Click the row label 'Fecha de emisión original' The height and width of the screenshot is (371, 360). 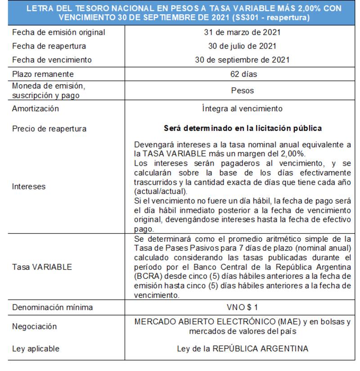tap(58, 32)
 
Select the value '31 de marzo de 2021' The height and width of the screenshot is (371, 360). tap(242, 32)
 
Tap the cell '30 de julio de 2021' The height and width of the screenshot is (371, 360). tap(242, 46)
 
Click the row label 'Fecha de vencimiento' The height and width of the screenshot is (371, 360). tap(52, 60)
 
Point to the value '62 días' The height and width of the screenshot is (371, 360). tap(242, 74)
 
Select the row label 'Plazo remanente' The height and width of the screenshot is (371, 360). tap(43, 74)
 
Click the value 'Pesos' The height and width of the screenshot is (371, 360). tap(242, 90)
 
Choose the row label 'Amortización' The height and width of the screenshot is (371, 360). tap(36, 109)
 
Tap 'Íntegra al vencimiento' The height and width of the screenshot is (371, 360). tap(242, 109)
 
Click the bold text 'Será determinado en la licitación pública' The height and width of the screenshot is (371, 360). tap(242, 128)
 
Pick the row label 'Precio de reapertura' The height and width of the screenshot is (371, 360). tap(49, 129)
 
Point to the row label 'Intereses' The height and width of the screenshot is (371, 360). tap(29, 186)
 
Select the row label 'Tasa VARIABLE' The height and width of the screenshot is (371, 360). tap(42, 267)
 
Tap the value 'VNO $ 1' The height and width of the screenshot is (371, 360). tap(242, 307)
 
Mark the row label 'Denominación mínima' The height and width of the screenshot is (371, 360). tap(53, 308)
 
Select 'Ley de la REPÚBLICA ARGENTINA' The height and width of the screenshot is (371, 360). tap(242, 348)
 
